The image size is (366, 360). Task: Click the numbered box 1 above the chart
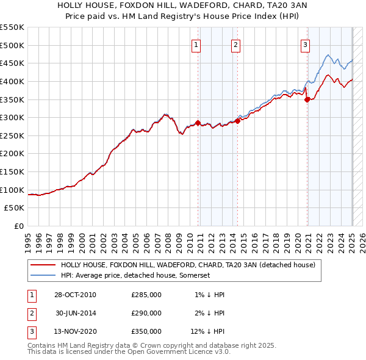click(x=196, y=44)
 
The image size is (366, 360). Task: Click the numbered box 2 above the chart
click(x=235, y=44)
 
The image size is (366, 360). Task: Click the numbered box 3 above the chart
click(x=304, y=44)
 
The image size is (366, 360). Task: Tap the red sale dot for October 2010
click(x=198, y=123)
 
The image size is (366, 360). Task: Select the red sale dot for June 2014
click(x=237, y=121)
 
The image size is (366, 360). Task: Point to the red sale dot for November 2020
click(x=307, y=99)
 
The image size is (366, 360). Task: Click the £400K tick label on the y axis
click(x=13, y=81)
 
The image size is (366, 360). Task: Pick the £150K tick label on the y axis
click(x=13, y=171)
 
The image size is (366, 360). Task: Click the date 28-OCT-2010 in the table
click(x=75, y=295)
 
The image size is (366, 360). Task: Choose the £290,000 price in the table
click(x=146, y=313)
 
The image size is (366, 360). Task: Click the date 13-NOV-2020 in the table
click(x=75, y=332)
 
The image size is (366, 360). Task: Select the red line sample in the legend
click(x=43, y=265)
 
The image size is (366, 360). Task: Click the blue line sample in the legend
click(x=43, y=276)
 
